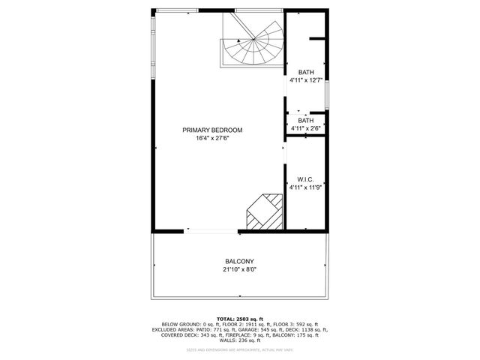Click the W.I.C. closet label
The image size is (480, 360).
[x=305, y=179]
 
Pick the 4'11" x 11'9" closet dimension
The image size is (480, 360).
[x=306, y=187]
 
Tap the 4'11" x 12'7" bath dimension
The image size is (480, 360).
[x=306, y=80]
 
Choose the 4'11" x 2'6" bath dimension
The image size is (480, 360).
[x=306, y=128]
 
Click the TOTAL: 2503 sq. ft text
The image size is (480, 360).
[x=239, y=318]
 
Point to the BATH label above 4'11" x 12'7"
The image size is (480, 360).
[x=306, y=72]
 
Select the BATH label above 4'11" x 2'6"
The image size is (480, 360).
[x=306, y=121]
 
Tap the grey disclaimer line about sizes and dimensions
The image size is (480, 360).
[x=240, y=349]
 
